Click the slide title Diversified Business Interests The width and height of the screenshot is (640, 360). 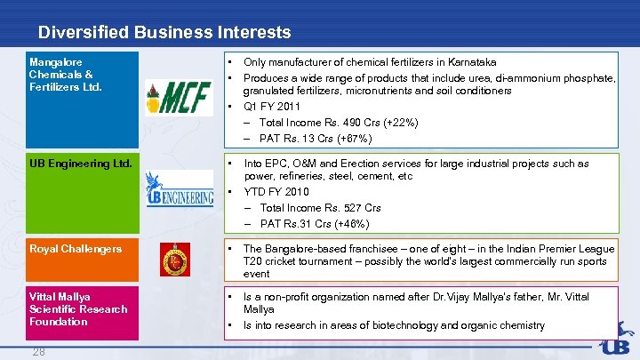[x=164, y=33]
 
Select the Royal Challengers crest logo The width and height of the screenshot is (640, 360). [x=175, y=259]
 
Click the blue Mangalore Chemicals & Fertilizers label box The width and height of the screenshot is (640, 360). [x=82, y=98]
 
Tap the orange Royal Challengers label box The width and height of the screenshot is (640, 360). [x=82, y=260]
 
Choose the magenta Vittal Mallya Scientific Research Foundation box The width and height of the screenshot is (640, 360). [x=82, y=313]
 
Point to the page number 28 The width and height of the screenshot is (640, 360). [x=39, y=351]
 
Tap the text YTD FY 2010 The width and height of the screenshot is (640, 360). [x=276, y=191]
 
